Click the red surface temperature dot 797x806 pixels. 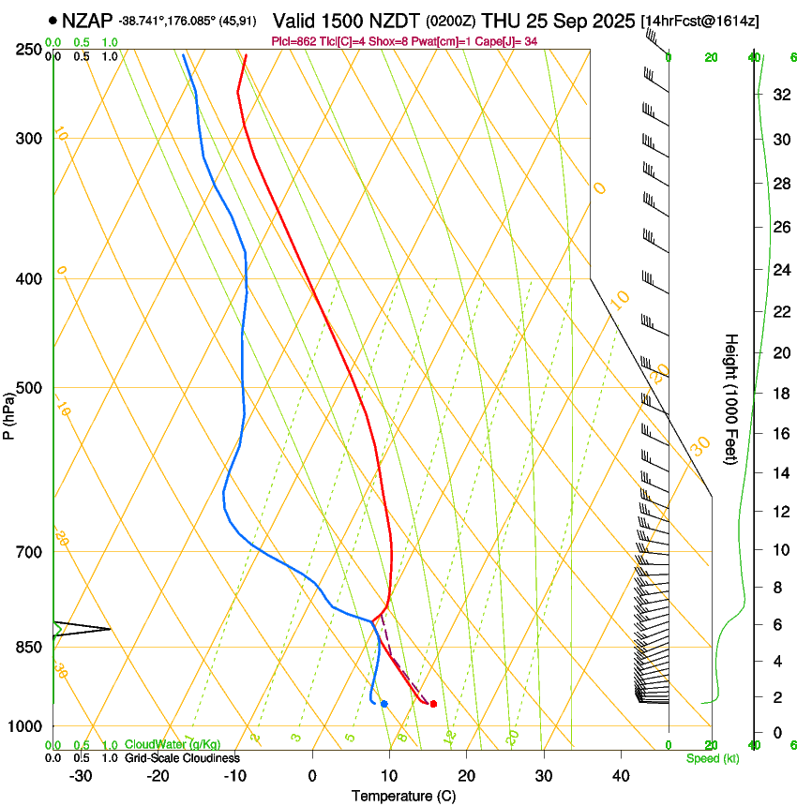433,704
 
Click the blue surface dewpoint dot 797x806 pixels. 384,704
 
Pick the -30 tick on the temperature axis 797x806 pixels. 81,776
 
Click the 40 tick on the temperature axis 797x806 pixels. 621,776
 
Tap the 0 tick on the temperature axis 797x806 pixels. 312,776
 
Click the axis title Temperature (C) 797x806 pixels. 403,796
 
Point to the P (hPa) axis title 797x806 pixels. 8,412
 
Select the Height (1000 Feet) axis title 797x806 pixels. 731,398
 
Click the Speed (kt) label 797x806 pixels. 712,758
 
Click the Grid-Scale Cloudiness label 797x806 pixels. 182,758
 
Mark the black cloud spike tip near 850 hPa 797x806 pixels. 110,629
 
